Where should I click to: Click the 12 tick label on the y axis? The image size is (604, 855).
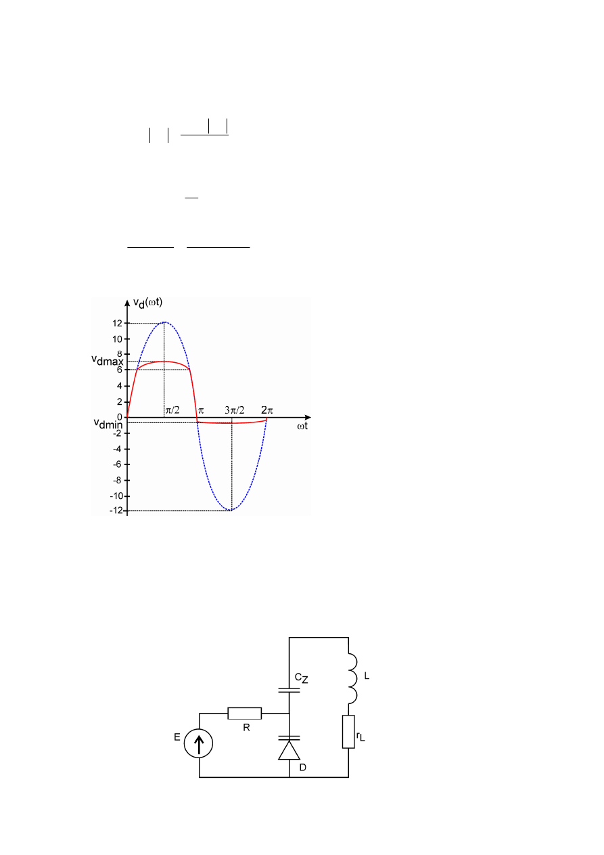click(117, 324)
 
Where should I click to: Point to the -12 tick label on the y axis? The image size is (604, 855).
click(116, 510)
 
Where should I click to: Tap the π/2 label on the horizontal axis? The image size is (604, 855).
click(172, 410)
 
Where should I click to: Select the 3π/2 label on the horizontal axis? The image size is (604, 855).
click(235, 410)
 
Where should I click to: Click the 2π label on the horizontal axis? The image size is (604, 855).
click(267, 410)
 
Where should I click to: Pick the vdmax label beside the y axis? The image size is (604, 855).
click(108, 360)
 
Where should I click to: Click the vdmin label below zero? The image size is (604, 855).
click(108, 424)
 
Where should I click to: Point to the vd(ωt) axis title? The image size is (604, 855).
click(147, 303)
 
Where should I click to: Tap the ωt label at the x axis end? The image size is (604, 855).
click(302, 426)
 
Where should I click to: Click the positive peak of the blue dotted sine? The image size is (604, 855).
click(164, 322)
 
